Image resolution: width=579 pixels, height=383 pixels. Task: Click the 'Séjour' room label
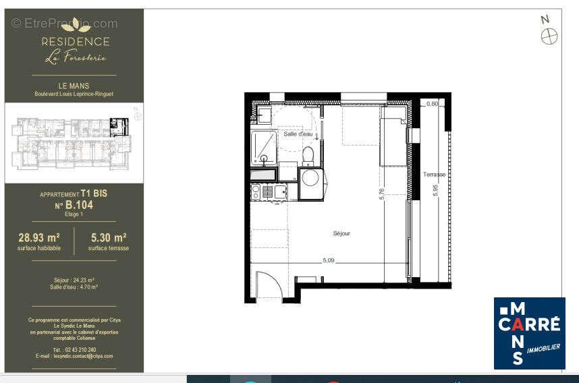click(341, 233)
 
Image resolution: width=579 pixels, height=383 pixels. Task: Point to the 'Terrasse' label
click(434, 174)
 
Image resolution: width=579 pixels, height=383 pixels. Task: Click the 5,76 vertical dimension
click(382, 194)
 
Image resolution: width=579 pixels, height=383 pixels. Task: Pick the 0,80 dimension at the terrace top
click(433, 103)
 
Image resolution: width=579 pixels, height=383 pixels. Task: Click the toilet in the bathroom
click(308, 156)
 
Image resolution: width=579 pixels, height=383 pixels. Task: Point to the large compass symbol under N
click(549, 36)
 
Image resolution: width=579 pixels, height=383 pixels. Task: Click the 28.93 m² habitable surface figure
click(38, 237)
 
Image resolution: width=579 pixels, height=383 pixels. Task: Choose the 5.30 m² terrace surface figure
click(108, 237)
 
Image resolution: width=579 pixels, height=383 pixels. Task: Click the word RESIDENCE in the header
click(76, 41)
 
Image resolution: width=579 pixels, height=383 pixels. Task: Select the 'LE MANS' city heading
click(74, 86)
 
